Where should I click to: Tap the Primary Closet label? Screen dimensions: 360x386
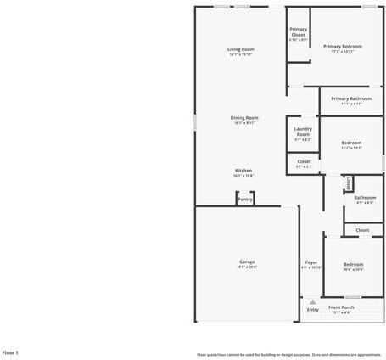pyautogui.click(x=299, y=31)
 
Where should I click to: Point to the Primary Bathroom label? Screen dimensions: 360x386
pyautogui.click(x=351, y=98)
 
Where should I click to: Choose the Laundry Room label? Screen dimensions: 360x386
pyautogui.click(x=303, y=132)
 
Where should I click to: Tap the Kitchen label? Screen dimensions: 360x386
pyautogui.click(x=243, y=171)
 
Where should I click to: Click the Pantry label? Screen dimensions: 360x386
pyautogui.click(x=245, y=200)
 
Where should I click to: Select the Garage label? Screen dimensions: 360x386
pyautogui.click(x=247, y=262)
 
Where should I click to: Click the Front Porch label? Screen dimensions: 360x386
pyautogui.click(x=341, y=307)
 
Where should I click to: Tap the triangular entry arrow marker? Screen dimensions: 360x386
pyautogui.click(x=313, y=301)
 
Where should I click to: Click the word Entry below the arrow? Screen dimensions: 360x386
pyautogui.click(x=313, y=310)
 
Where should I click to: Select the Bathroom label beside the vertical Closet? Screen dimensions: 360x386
pyautogui.click(x=365, y=198)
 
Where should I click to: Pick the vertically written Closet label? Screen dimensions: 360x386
pyautogui.click(x=348, y=183)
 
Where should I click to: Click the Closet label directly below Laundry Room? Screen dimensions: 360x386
pyautogui.click(x=304, y=161)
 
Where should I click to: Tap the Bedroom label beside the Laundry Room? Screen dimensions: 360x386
pyautogui.click(x=352, y=143)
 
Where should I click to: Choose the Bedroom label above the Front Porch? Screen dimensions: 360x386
pyautogui.click(x=353, y=264)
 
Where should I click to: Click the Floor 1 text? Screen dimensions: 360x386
pyautogui.click(x=10, y=352)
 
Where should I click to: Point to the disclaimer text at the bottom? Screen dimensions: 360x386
pyautogui.click(x=288, y=354)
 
